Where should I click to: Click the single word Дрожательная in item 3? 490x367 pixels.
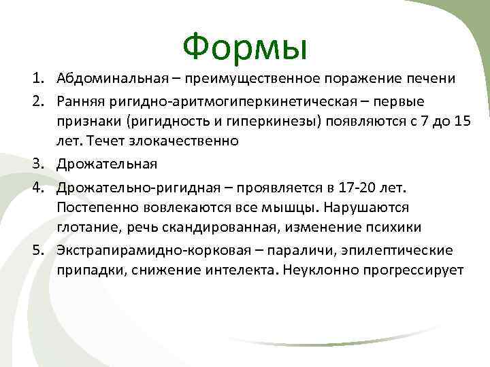point(107,164)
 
